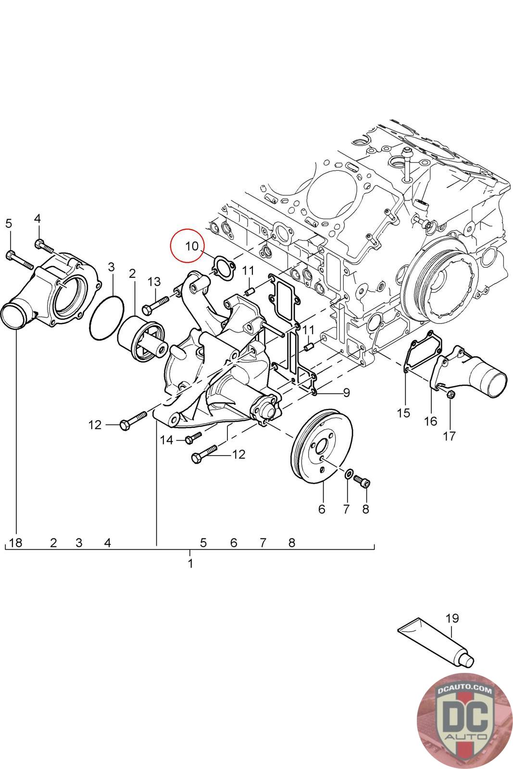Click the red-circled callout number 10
tap(191, 246)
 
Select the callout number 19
tap(452, 618)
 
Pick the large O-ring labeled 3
tap(106, 318)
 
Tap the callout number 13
tap(154, 281)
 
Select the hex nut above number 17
tap(450, 395)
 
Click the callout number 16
tap(430, 421)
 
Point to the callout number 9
tap(346, 393)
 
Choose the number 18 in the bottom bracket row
tap(16, 543)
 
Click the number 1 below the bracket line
tap(190, 563)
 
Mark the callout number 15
tap(403, 412)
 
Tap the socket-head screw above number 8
tap(363, 481)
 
